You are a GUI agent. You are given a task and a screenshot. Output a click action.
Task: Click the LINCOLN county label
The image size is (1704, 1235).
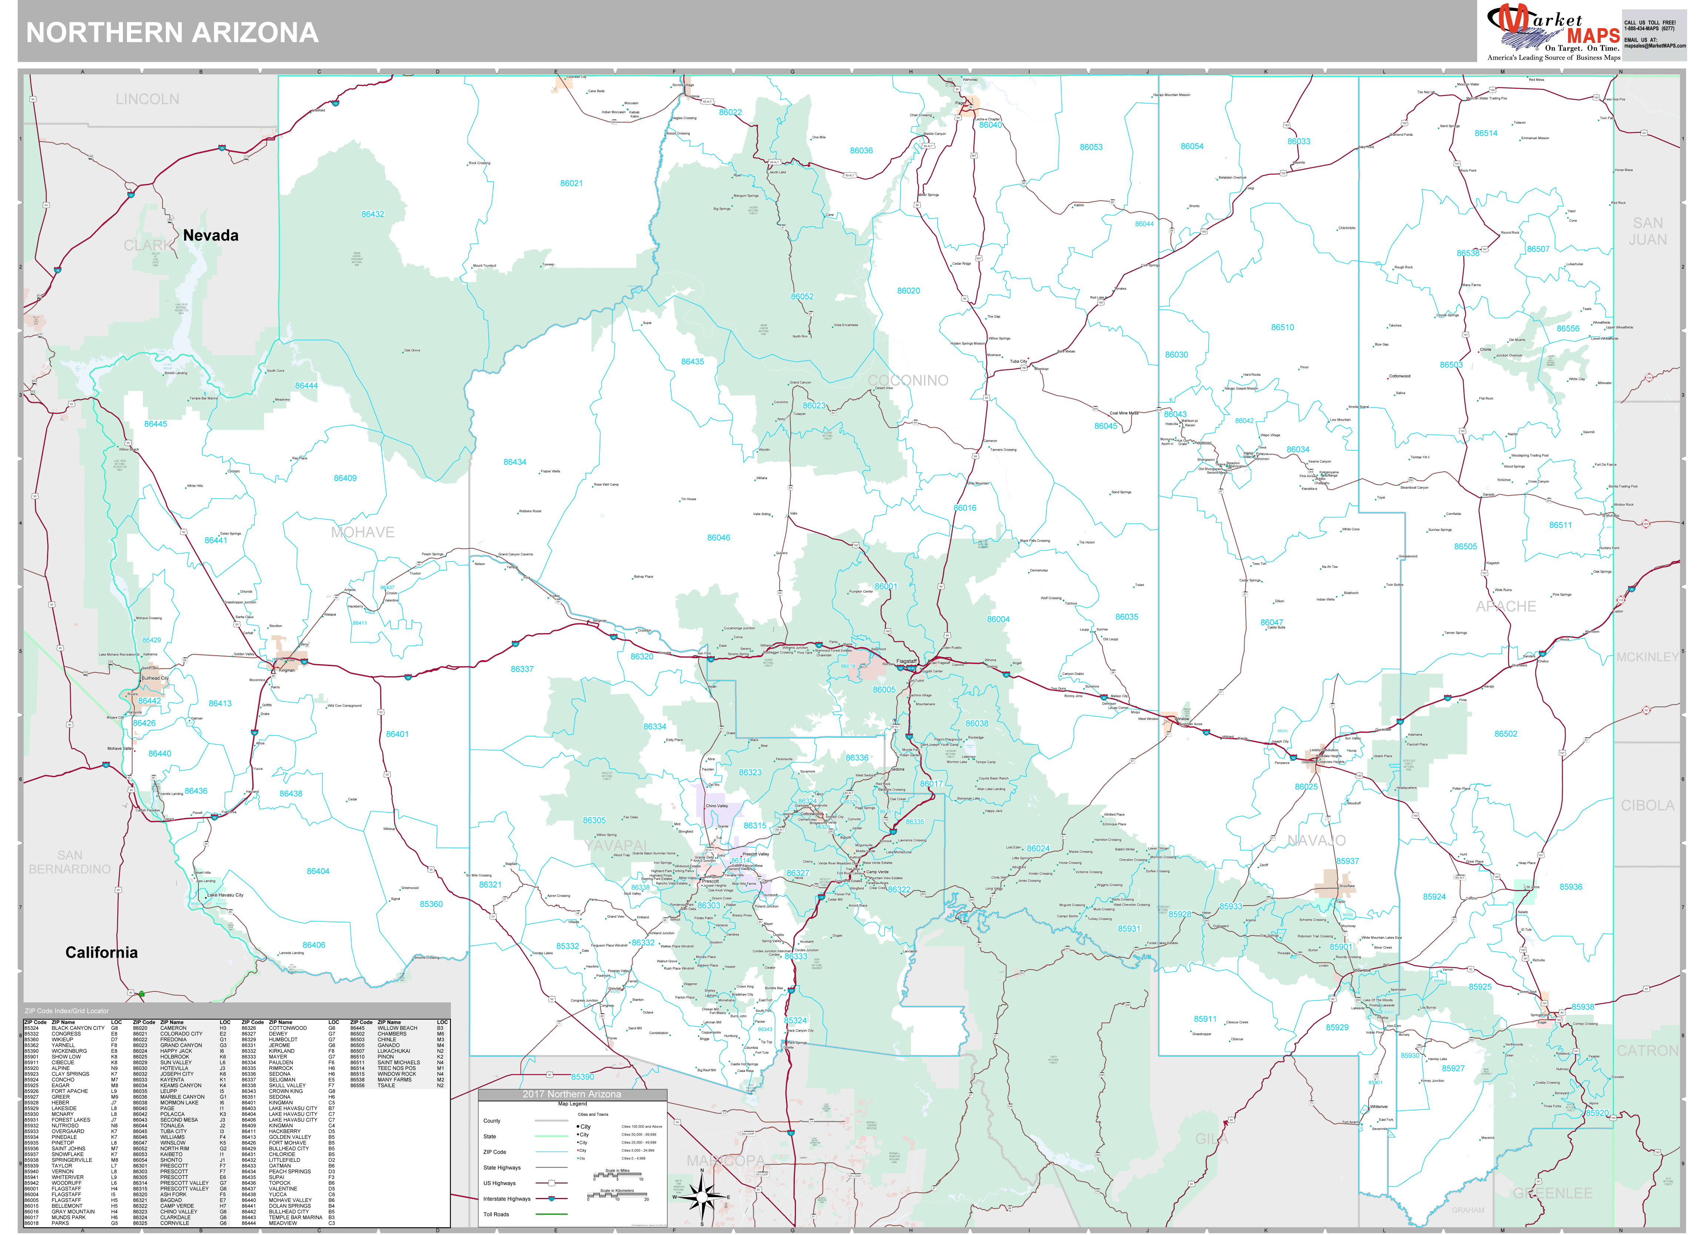pyautogui.click(x=147, y=99)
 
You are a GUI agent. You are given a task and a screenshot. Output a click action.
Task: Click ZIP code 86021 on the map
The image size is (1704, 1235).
pyautogui.click(x=571, y=183)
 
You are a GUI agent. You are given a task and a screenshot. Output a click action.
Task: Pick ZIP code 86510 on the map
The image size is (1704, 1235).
pyautogui.click(x=1282, y=328)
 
